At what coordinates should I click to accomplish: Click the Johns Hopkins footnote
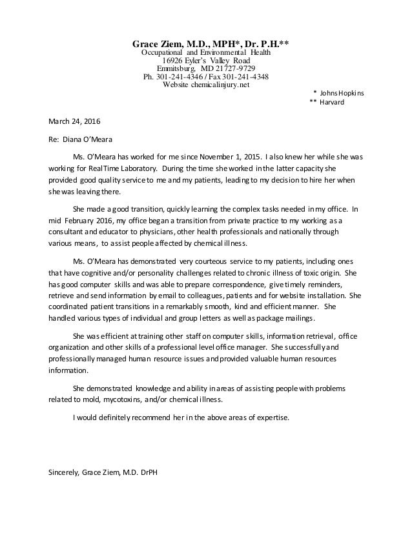[342, 93]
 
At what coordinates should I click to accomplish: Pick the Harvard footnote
[332, 102]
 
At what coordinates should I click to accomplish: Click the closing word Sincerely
[64, 471]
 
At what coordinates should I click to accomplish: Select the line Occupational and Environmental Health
[206, 52]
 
